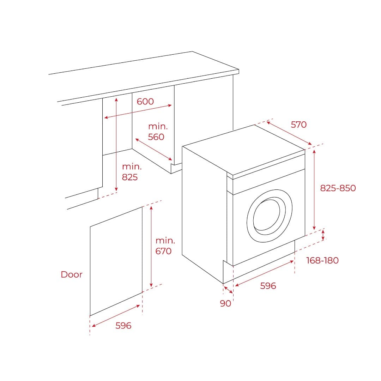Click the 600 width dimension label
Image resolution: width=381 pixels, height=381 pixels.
pos(145,102)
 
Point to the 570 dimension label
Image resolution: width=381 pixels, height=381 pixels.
pos(298,125)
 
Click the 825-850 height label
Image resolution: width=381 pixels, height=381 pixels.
pos(338,188)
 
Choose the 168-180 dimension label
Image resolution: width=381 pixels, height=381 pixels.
pos(322,260)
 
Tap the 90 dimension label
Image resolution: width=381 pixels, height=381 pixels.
pos(225,303)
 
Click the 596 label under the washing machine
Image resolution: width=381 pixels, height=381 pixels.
pos(268,286)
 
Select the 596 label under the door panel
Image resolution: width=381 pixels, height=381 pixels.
pos(123,326)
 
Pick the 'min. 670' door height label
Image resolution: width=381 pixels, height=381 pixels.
pos(165,246)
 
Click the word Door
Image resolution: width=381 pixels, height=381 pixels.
pos(71,274)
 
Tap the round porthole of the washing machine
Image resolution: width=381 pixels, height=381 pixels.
pos(269,216)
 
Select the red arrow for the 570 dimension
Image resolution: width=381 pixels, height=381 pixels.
pos(289,133)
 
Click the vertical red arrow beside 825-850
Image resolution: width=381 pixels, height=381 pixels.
pos(314,189)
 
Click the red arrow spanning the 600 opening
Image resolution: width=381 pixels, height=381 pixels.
pos(138,111)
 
